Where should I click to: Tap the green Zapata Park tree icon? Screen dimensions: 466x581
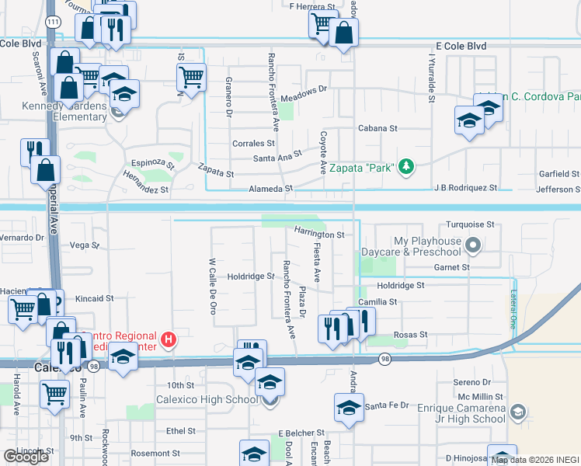pyautogui.click(x=405, y=166)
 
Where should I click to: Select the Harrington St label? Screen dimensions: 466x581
pyautogui.click(x=319, y=234)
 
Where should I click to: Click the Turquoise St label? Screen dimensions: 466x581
pyautogui.click(x=470, y=224)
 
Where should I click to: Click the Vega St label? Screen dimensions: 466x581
pyautogui.click(x=85, y=245)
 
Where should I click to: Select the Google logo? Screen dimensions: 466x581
pyautogui.click(x=26, y=456)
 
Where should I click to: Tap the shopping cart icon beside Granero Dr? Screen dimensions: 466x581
pyautogui.click(x=190, y=76)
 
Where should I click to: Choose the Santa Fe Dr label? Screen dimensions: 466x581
pyautogui.click(x=386, y=405)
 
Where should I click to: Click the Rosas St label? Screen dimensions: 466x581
pyautogui.click(x=412, y=335)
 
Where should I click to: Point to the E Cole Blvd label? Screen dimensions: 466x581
pyautogui.click(x=461, y=47)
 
